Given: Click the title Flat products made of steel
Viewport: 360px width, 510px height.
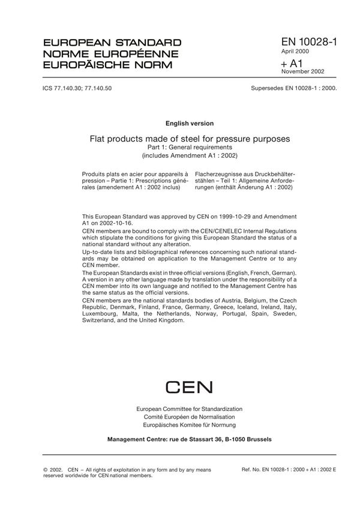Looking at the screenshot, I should (190, 139).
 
